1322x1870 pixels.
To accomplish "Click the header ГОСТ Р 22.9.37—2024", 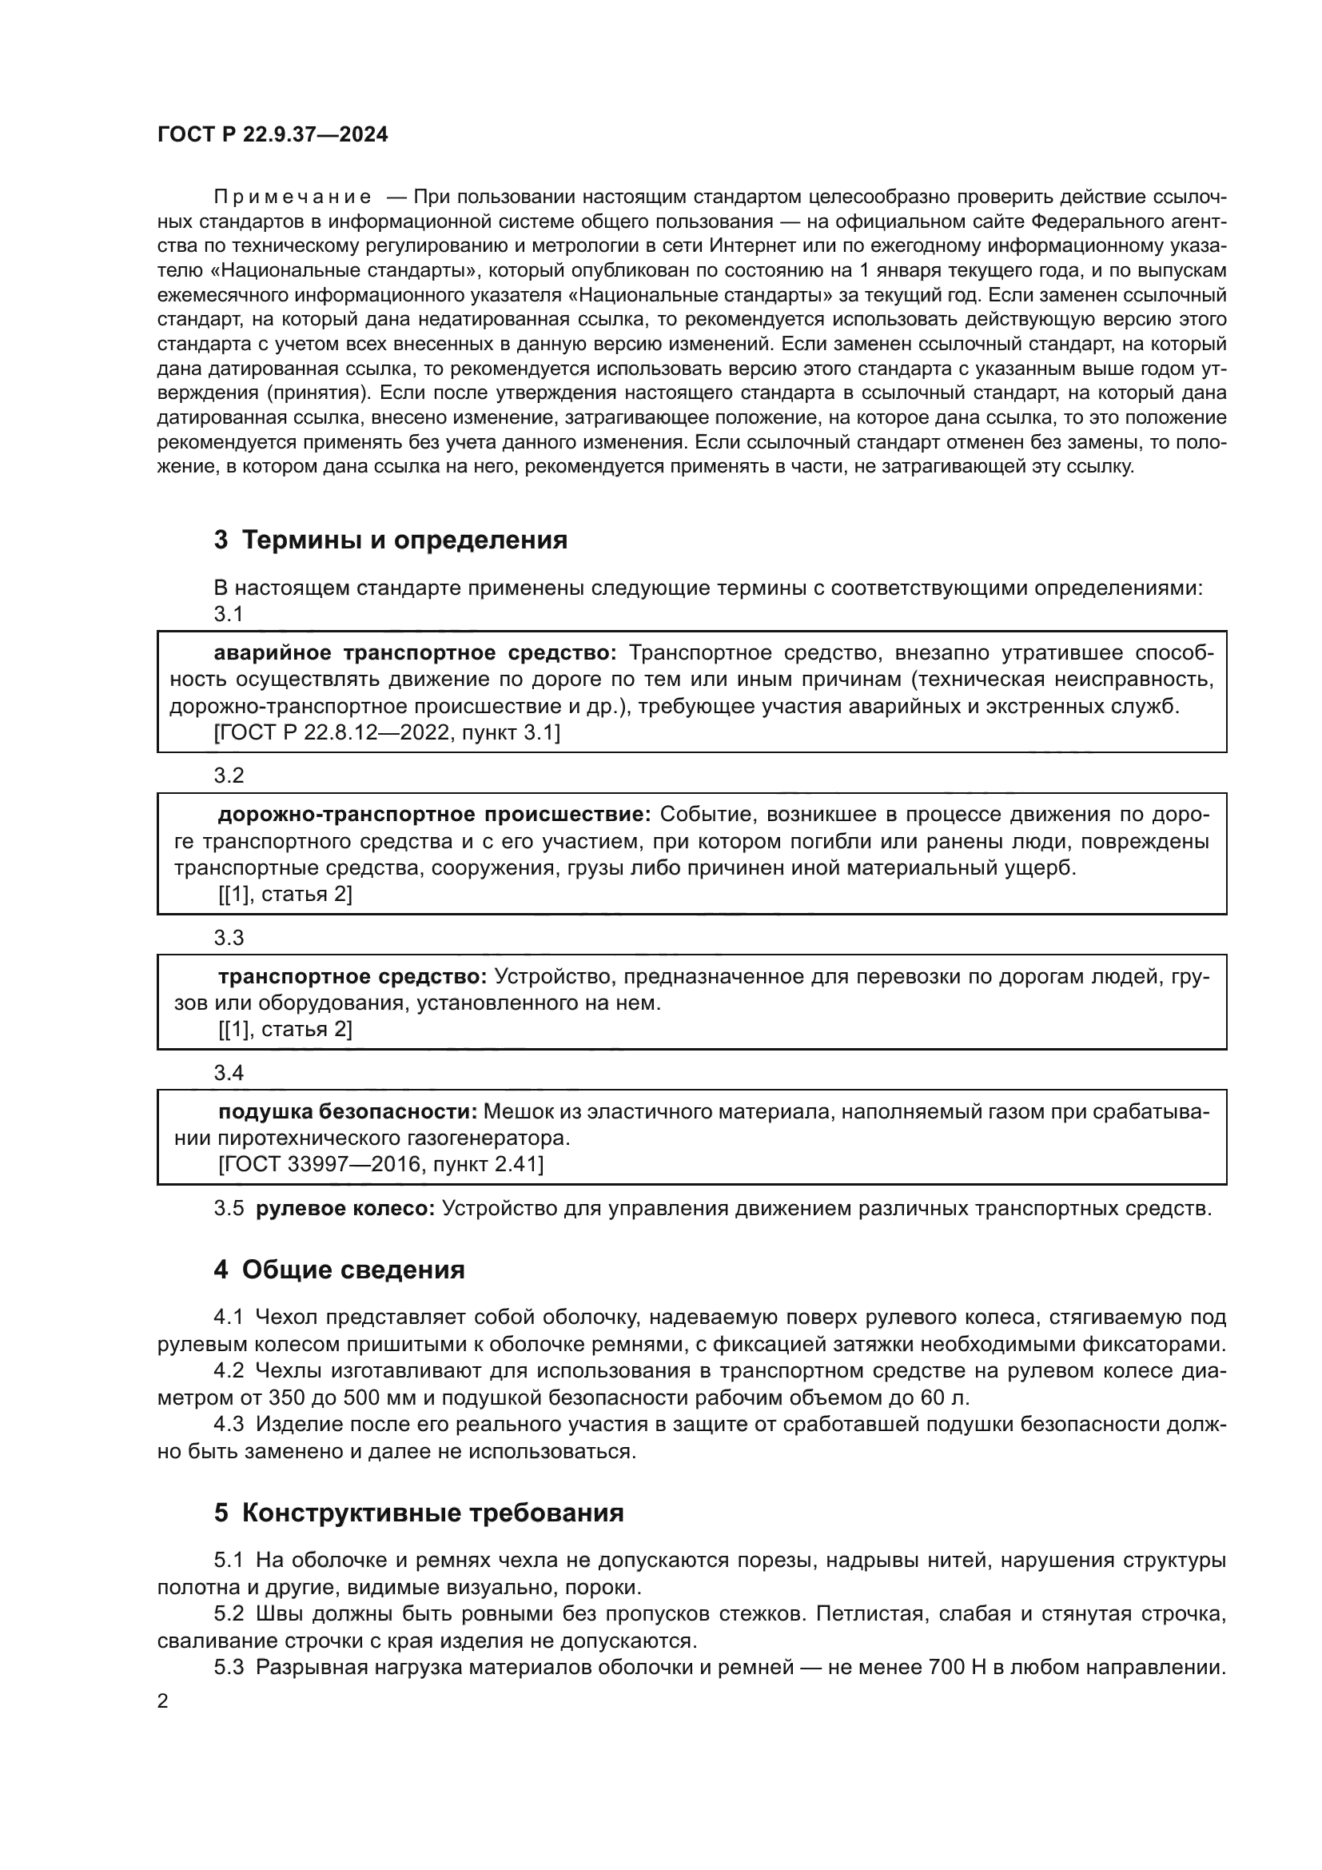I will point(272,135).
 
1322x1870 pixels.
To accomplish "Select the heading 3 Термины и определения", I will point(390,540).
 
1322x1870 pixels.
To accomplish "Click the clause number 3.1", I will point(229,614).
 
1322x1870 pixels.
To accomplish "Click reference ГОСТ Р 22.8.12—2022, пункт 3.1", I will point(387,733).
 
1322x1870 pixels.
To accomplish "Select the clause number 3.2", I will point(229,776).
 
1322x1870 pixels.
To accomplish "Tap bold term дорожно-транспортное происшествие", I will point(434,815).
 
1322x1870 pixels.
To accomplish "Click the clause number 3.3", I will point(229,938).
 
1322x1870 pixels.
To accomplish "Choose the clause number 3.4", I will point(229,1073).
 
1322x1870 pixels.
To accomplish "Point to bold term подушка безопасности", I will point(348,1112).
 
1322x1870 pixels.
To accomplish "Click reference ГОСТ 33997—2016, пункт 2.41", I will point(380,1165).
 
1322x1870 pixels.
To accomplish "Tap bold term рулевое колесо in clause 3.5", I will point(346,1209).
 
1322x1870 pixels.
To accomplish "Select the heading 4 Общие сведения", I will point(339,1270).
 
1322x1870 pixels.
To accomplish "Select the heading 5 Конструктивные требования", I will point(418,1513).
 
